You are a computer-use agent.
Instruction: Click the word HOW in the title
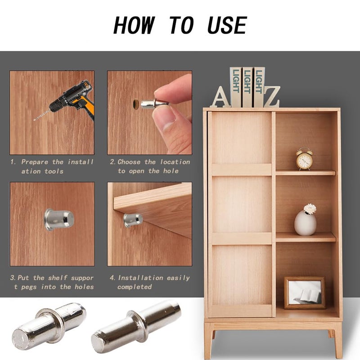point(134,25)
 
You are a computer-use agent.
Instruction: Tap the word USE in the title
point(227,25)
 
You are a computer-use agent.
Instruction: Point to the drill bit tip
point(34,120)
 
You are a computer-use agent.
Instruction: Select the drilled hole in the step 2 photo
point(136,104)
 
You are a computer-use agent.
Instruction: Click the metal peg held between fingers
point(152,104)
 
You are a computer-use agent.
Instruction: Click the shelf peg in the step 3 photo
point(59,220)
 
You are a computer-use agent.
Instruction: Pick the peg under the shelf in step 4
point(133,220)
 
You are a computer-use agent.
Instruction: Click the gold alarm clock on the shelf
point(304,159)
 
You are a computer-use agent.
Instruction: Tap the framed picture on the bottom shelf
point(305,293)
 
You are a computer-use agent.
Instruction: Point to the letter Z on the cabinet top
point(272,97)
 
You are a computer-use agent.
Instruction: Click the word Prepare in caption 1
point(35,162)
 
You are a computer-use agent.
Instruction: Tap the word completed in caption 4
point(135,287)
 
